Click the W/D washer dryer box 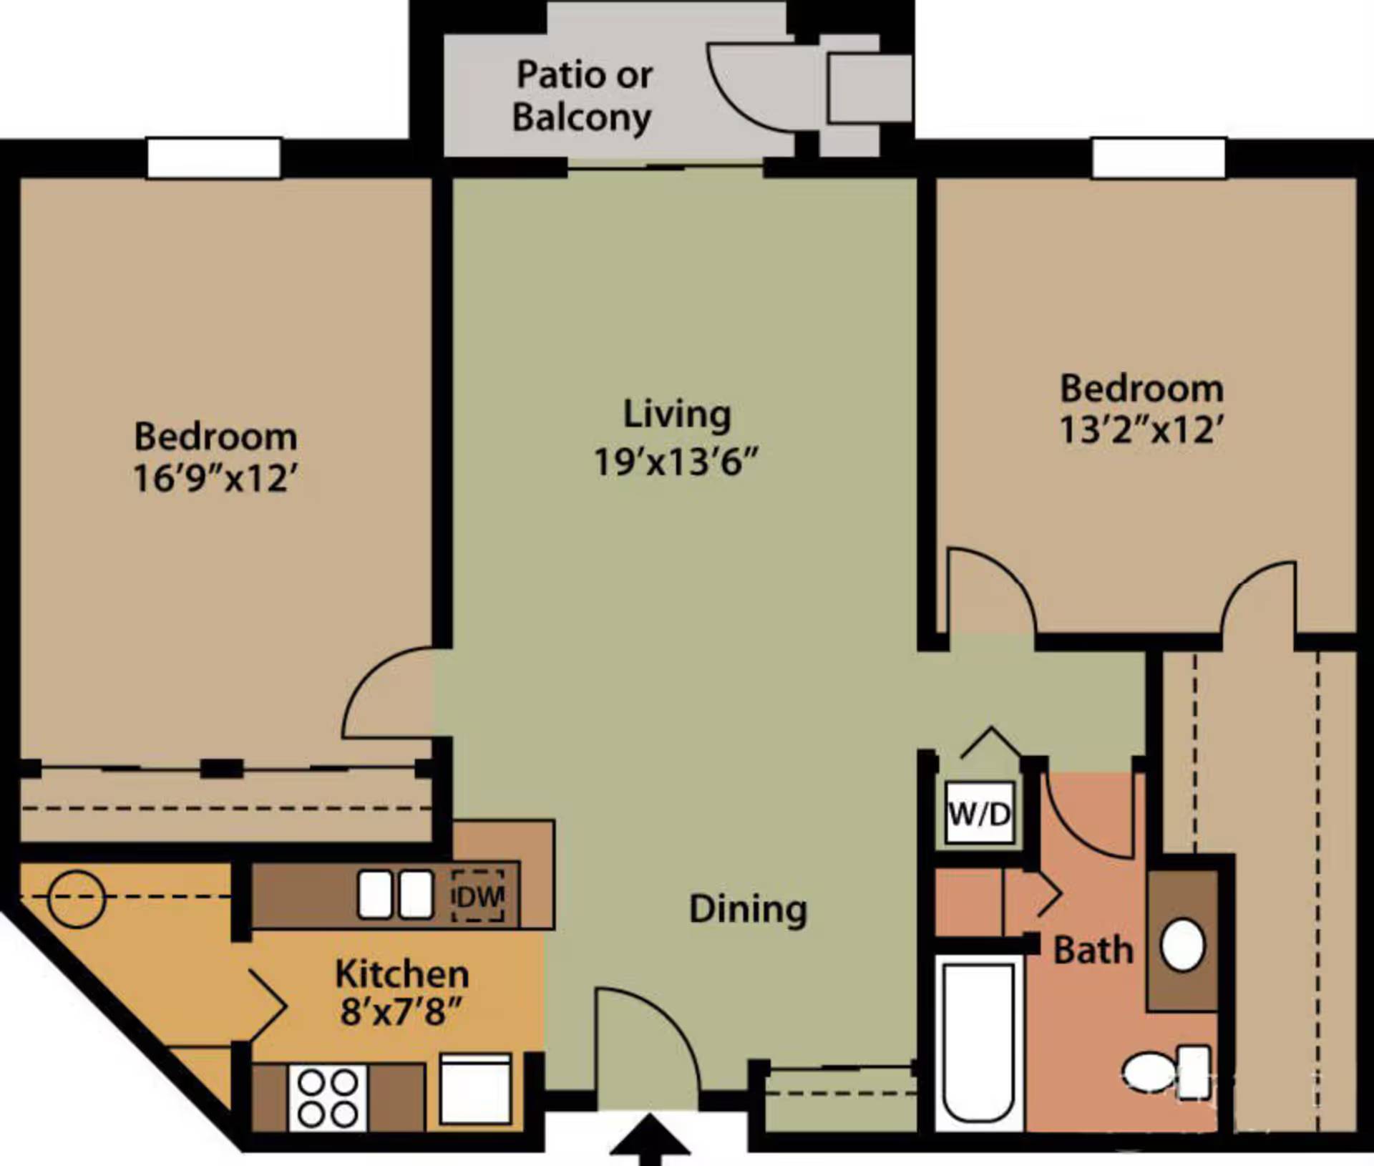pyautogui.click(x=979, y=813)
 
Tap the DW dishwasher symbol pyautogui.click(x=477, y=896)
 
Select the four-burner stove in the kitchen pyautogui.click(x=328, y=1098)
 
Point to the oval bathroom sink pyautogui.click(x=1181, y=944)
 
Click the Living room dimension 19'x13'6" pyautogui.click(x=675, y=462)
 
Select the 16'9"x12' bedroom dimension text pyautogui.click(x=215, y=478)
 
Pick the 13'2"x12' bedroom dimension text pyautogui.click(x=1141, y=430)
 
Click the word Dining pyautogui.click(x=747, y=910)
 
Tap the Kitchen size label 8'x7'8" pyautogui.click(x=401, y=1012)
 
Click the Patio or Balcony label pyautogui.click(x=583, y=96)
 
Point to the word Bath pyautogui.click(x=1093, y=951)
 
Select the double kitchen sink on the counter pyautogui.click(x=395, y=895)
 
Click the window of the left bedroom pyautogui.click(x=213, y=158)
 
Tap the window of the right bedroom pyautogui.click(x=1158, y=158)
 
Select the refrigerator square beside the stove pyautogui.click(x=475, y=1089)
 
